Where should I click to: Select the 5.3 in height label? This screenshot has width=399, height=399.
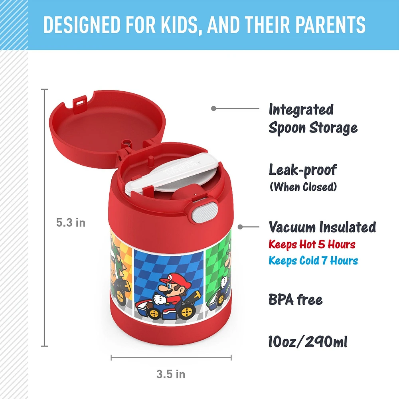pos(71,223)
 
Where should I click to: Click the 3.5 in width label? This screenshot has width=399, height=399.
pos(171,374)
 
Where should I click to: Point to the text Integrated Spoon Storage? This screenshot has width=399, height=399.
pos(313,119)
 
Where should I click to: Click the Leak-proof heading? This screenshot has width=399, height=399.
pos(303,170)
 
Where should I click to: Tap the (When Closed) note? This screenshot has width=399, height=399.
pos(303,187)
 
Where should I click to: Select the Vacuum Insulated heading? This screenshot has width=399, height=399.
pos(322,227)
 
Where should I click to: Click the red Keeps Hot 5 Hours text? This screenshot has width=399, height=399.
pos(312,245)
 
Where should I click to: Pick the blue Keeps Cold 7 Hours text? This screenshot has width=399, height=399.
pos(313,261)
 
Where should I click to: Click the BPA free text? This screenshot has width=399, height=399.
pos(295,300)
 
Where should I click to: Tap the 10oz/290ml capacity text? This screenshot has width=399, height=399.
pos(308,342)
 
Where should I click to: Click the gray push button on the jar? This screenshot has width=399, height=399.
pos(205,212)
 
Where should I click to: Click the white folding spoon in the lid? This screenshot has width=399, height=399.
pos(171,175)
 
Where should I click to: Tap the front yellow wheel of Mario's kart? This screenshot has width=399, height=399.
pos(187,312)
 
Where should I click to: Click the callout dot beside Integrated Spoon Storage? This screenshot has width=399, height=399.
pos(213,109)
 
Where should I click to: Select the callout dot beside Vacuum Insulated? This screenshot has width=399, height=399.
pos(240,227)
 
